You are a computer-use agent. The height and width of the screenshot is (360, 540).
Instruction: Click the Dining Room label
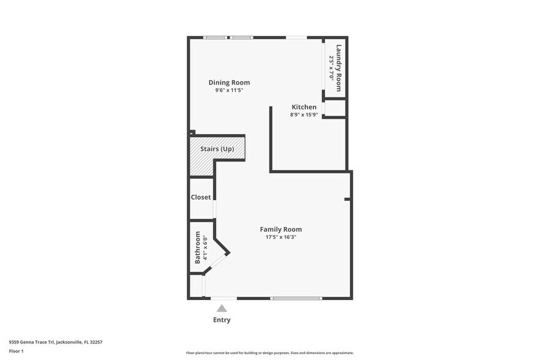click(x=229, y=83)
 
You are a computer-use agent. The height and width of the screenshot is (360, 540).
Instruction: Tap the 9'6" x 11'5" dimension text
click(x=229, y=91)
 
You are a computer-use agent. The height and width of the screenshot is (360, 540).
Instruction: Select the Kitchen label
click(x=304, y=107)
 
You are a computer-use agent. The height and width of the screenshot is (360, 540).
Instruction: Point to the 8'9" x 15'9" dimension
click(x=304, y=114)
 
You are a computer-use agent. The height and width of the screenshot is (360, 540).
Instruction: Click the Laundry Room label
click(x=339, y=67)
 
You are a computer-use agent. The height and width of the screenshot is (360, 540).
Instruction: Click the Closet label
click(x=201, y=197)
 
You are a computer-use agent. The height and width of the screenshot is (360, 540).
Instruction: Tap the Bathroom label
click(x=198, y=247)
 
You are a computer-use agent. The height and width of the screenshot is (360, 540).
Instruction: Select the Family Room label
click(x=281, y=230)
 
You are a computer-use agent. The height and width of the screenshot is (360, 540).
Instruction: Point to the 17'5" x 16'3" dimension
click(x=281, y=237)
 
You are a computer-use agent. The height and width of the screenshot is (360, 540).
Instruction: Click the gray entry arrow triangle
click(x=222, y=309)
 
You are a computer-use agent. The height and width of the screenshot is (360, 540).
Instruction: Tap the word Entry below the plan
click(x=222, y=320)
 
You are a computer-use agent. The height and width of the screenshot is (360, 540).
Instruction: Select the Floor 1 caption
click(x=16, y=351)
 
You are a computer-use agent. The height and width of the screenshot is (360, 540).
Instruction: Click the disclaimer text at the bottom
click(x=269, y=353)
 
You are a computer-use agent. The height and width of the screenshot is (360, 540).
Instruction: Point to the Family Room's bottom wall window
click(x=296, y=298)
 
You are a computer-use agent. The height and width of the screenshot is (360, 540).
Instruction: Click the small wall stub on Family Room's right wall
click(x=347, y=199)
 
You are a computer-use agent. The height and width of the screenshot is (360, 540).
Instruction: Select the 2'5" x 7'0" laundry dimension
click(x=331, y=67)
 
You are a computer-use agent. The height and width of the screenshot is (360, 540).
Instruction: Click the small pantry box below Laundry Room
click(x=335, y=108)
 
